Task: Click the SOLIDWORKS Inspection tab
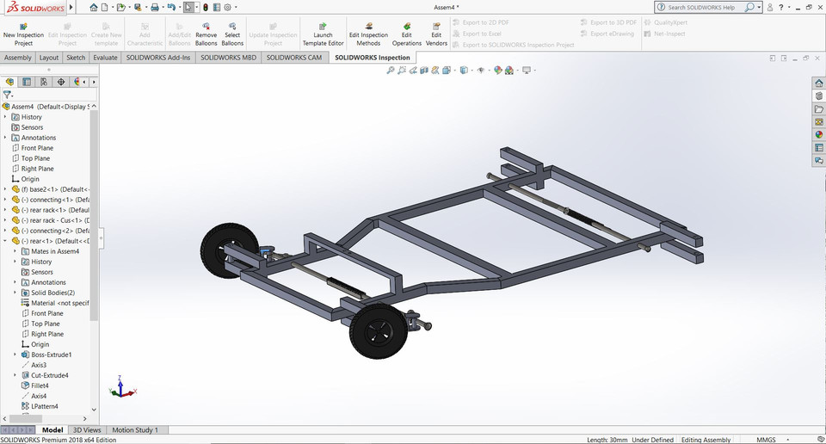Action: point(372,58)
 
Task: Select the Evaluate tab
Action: point(105,58)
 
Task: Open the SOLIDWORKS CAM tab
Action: point(293,58)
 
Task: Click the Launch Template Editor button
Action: point(323,34)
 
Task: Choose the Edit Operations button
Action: point(407,34)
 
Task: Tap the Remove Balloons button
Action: point(206,34)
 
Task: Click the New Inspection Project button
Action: point(23,34)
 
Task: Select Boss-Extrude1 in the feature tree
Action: point(51,355)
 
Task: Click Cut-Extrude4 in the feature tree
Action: point(49,375)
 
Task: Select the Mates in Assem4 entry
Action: point(55,251)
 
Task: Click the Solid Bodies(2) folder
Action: point(52,293)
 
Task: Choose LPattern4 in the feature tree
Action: point(45,406)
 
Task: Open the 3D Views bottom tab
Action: point(86,429)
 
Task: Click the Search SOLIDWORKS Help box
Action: point(702,7)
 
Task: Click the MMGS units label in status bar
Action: point(766,439)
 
